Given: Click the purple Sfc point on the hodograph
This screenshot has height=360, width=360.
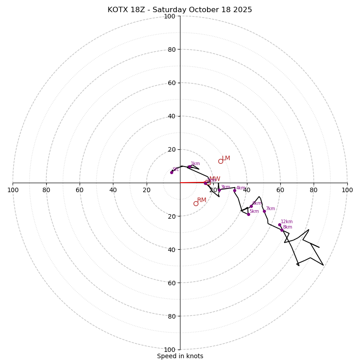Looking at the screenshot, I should tap(171, 172).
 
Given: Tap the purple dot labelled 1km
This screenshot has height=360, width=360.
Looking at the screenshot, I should tap(189, 167).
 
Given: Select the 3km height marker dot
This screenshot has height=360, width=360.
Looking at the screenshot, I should tap(219, 190).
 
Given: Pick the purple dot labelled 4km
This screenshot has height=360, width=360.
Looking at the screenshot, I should tap(234, 190).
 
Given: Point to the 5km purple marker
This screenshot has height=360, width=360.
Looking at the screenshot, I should tap(248, 214).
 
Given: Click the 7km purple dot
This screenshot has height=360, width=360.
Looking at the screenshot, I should tap(264, 211).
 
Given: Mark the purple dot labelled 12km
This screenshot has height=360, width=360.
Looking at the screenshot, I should tap(279, 225).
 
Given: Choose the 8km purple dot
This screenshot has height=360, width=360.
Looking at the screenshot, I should tap(282, 230).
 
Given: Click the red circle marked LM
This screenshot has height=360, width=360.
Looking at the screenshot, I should tap(220, 161).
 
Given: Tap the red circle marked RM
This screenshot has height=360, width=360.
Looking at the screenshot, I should tap(196, 203).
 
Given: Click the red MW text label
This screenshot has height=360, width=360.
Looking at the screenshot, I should tap(215, 179).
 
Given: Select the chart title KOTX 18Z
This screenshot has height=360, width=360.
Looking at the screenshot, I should tap(180, 10).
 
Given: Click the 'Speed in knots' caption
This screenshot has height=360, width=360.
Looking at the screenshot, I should tap(180, 356).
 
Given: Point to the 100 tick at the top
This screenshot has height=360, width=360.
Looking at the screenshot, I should tap(170, 16).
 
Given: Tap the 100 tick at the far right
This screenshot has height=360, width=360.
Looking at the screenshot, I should tap(347, 190).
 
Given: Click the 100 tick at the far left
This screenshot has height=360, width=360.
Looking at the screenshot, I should tap(13, 190).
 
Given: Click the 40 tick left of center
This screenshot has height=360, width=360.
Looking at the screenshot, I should tap(113, 190).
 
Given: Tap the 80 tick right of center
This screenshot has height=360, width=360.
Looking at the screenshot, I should tap(314, 190).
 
